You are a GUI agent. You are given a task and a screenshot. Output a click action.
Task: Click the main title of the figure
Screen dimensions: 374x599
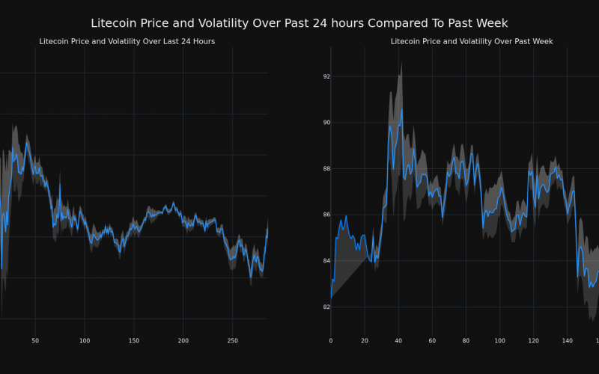(x=299, y=24)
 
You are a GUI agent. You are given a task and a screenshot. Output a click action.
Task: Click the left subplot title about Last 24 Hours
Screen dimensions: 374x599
(x=127, y=41)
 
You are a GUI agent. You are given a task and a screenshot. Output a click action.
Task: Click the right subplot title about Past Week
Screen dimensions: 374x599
(x=462, y=41)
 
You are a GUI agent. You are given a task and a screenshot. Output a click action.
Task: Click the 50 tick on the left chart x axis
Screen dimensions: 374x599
(x=35, y=340)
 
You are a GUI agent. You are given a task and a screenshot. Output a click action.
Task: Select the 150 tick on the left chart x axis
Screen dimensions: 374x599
(x=133, y=340)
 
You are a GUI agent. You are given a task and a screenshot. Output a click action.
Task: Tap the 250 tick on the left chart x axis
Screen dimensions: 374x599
(x=233, y=340)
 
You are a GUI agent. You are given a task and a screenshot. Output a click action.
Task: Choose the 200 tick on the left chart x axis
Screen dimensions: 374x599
(x=183, y=340)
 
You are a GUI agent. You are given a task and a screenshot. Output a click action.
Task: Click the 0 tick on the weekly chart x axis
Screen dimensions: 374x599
(x=331, y=340)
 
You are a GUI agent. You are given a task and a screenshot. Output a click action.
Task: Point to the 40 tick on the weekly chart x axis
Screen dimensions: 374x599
(x=398, y=340)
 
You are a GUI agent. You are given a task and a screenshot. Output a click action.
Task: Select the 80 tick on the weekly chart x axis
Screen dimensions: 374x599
(x=466, y=340)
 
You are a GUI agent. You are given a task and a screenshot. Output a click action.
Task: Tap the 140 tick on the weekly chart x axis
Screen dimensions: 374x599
(x=567, y=340)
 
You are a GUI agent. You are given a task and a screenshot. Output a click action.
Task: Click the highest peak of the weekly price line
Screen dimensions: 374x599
(x=401, y=109)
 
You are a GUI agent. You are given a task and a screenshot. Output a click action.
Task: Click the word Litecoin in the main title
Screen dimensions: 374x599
(x=115, y=24)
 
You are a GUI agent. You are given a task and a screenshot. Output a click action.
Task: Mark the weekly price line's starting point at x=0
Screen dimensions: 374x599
(x=331, y=298)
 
